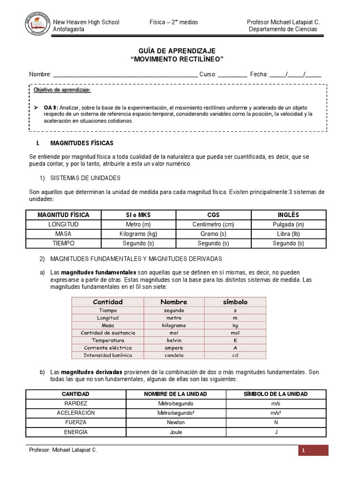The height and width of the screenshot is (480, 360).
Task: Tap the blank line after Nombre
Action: (125, 75)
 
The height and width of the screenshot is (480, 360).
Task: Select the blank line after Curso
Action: (232, 75)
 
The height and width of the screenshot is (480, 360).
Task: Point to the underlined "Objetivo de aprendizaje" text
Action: (62, 90)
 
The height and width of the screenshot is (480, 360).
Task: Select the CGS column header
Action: (213, 215)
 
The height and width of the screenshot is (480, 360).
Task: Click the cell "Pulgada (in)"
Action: (289, 225)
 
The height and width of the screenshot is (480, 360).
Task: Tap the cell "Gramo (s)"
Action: (213, 234)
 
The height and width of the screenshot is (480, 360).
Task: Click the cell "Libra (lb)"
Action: (289, 234)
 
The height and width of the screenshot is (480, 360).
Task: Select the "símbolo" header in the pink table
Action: (235, 302)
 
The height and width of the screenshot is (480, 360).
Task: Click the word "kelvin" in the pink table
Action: (174, 340)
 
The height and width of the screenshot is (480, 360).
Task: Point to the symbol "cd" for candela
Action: (235, 355)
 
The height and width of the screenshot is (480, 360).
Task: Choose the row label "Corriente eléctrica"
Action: (108, 348)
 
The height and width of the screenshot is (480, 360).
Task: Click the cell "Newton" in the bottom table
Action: (176, 422)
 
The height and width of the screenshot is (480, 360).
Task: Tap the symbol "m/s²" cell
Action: (276, 413)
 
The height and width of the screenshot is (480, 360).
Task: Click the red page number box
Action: (313, 450)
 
